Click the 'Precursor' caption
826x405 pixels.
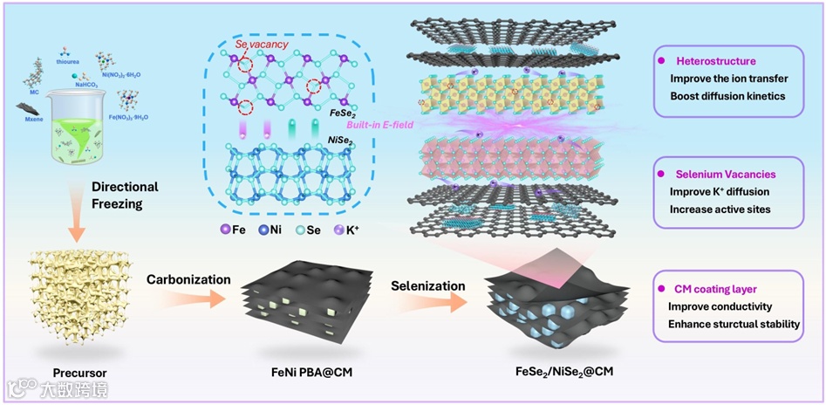(79, 373)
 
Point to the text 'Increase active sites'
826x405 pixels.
(720, 209)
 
